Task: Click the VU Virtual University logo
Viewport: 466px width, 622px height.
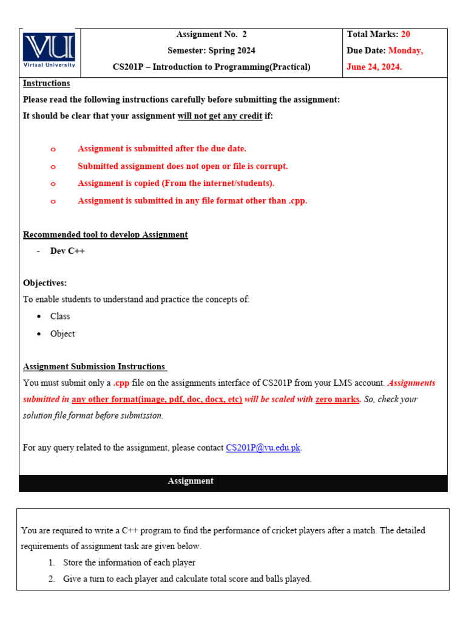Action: tap(49, 50)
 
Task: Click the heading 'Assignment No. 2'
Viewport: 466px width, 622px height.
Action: tap(211, 35)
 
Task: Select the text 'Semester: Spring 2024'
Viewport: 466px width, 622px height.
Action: tap(211, 50)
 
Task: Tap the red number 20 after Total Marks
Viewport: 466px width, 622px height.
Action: tap(405, 35)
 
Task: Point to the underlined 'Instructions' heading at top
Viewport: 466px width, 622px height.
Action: tap(46, 83)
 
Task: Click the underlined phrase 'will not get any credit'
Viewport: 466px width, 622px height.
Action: tap(220, 116)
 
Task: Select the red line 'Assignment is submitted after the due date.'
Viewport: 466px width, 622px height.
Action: tap(162, 148)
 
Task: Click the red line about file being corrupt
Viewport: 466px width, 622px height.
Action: tap(183, 166)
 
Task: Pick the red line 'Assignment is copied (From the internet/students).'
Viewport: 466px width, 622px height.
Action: tap(176, 183)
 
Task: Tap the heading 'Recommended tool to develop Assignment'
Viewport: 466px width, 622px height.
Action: tap(106, 234)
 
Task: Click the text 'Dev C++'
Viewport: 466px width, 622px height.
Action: tap(67, 251)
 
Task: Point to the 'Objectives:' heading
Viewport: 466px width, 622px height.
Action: tap(45, 283)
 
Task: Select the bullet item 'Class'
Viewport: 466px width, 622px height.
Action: tap(60, 316)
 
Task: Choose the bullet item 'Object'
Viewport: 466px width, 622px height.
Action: tap(62, 333)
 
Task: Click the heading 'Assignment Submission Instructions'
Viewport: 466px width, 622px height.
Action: tap(95, 366)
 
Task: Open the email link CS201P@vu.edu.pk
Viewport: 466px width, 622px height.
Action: tap(263, 448)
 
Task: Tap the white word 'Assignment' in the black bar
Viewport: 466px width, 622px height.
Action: tap(191, 481)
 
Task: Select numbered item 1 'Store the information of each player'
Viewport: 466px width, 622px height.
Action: tap(129, 562)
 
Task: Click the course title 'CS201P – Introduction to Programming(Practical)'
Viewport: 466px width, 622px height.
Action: tap(211, 67)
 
